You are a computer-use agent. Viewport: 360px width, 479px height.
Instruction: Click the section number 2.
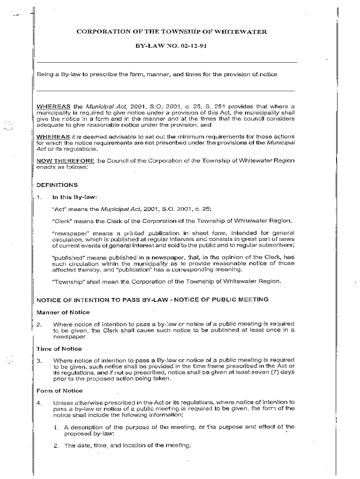[x=39, y=324]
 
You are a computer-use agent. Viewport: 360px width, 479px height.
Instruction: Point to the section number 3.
[x=39, y=361]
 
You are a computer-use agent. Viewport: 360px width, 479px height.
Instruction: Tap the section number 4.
[x=39, y=403]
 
